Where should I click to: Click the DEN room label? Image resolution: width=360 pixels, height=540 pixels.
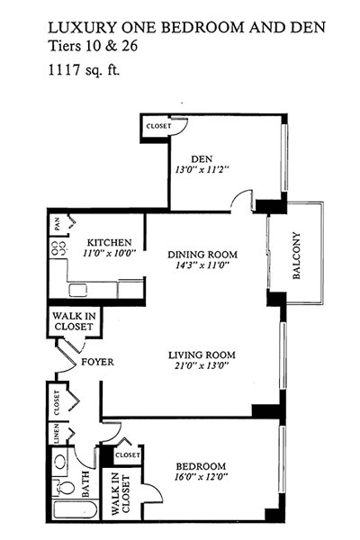tap(202, 159)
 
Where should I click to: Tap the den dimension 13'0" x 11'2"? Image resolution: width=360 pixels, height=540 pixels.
tap(202, 170)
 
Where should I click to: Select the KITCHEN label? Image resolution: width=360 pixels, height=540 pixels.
tap(109, 242)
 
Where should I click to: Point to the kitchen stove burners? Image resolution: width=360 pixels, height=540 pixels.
tap(58, 248)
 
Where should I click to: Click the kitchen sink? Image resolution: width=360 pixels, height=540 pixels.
tap(77, 290)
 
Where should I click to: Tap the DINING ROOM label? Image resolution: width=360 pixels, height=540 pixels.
tap(202, 255)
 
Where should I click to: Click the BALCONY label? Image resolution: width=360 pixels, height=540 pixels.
tap(296, 256)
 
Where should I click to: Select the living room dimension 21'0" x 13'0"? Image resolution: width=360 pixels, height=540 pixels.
tap(202, 365)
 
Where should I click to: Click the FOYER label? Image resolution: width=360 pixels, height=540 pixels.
tap(97, 362)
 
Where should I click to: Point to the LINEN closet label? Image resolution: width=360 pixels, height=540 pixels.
tap(57, 433)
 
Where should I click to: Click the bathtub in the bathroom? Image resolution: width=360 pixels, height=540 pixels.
tap(76, 509)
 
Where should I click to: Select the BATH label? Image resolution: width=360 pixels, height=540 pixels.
tap(85, 484)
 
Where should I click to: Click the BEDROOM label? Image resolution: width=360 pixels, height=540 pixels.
tap(202, 466)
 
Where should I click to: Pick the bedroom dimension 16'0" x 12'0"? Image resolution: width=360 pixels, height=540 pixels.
tap(202, 477)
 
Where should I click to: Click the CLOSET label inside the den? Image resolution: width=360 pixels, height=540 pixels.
tap(158, 126)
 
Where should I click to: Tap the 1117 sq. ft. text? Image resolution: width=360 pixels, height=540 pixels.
tap(84, 69)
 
